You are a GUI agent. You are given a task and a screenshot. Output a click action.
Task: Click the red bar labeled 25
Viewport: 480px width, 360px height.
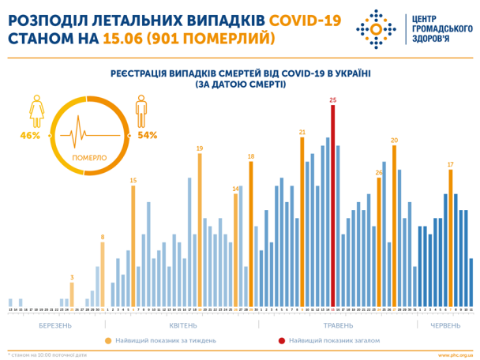click(x=332, y=205)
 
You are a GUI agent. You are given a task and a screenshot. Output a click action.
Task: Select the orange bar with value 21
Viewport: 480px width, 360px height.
click(x=302, y=221)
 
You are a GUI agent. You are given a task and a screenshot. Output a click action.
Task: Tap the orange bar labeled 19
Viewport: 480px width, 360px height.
click(x=200, y=229)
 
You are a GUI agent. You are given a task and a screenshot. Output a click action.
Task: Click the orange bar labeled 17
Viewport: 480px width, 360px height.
click(x=450, y=238)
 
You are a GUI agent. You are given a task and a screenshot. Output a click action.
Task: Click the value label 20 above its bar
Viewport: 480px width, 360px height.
click(x=394, y=140)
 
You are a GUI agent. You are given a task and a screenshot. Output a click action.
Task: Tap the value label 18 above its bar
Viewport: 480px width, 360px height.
click(x=251, y=156)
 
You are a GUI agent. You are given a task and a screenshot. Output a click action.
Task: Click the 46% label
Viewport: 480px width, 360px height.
click(x=30, y=136)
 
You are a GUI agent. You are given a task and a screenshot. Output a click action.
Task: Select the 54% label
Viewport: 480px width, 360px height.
click(x=148, y=136)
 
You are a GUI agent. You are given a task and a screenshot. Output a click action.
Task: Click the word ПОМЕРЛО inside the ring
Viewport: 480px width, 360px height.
click(x=89, y=158)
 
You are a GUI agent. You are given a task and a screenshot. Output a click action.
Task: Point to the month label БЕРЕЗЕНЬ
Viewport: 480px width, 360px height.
click(x=56, y=325)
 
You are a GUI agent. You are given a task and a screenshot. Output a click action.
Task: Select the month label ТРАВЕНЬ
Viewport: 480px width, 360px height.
click(x=338, y=325)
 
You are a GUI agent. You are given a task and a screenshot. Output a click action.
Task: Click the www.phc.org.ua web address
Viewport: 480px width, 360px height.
click(x=454, y=354)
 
